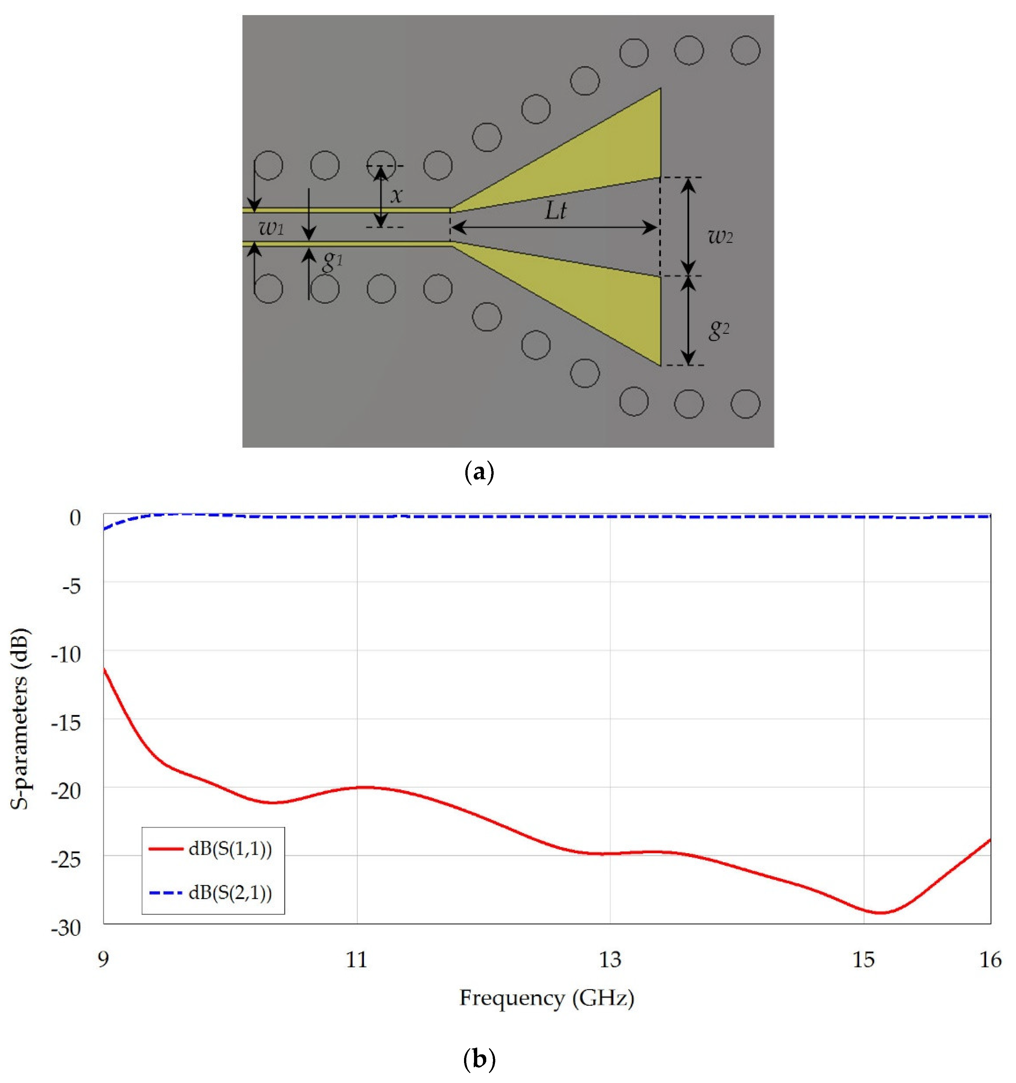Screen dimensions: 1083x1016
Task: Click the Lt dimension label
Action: click(555, 210)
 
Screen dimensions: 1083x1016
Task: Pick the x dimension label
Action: click(397, 194)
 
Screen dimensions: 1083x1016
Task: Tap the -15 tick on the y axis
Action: click(65, 723)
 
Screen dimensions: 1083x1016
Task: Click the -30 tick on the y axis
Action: click(65, 928)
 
